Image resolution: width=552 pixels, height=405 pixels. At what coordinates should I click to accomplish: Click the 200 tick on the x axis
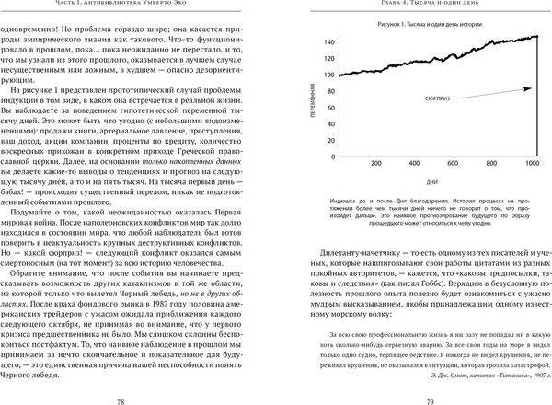pos(376,163)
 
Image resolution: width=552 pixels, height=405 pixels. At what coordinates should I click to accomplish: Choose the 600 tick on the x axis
pos(454,163)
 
